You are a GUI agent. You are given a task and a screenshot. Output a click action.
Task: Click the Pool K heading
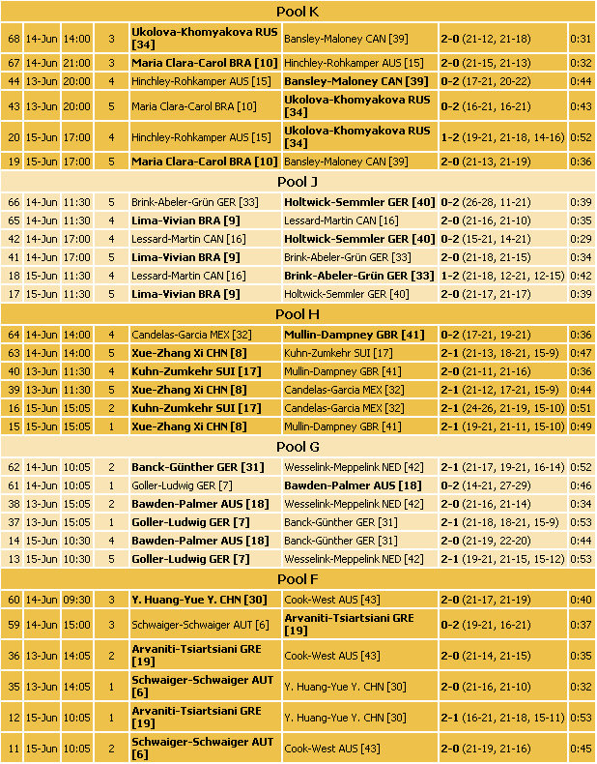(x=298, y=12)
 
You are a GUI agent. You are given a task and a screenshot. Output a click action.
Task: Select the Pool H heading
(x=298, y=313)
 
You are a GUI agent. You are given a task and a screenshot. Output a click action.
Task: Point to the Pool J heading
(x=298, y=181)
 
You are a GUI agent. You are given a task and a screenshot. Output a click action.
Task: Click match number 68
(x=13, y=39)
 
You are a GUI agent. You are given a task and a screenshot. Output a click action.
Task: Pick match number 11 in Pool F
(x=13, y=748)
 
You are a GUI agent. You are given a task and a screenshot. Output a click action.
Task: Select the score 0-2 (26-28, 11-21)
(x=488, y=202)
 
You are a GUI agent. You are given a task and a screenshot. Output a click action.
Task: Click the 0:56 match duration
(x=581, y=467)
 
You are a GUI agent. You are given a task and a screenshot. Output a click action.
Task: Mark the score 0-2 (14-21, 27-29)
(x=488, y=485)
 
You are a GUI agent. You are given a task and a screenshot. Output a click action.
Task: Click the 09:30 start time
(x=77, y=600)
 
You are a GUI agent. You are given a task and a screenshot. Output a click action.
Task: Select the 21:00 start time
(x=77, y=62)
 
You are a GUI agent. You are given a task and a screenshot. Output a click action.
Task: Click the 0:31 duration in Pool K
(x=581, y=39)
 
